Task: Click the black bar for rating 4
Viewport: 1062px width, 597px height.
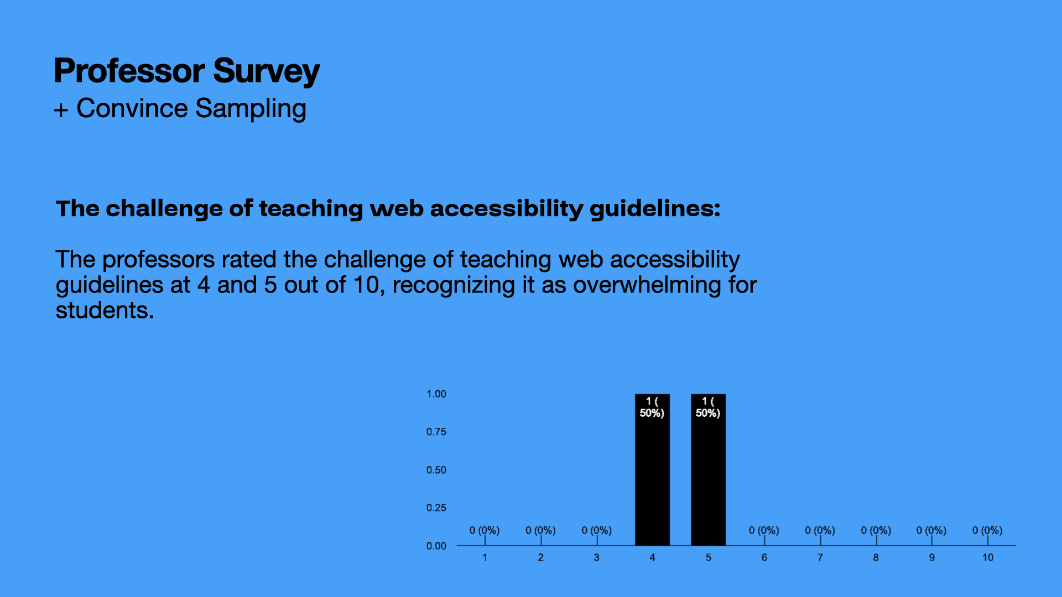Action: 652,470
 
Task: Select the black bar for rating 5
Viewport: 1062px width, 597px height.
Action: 708,470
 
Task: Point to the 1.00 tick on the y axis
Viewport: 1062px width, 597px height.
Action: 436,394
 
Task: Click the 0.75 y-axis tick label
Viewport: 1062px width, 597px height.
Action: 436,432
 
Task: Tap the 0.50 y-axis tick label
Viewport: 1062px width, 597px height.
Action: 436,470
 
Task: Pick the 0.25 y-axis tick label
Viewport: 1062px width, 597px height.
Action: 436,508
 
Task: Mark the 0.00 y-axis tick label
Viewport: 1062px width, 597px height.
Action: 436,546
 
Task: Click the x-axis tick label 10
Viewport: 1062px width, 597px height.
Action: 988,558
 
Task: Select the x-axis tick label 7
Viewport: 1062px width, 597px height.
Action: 820,558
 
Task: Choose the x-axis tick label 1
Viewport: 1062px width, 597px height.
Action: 485,558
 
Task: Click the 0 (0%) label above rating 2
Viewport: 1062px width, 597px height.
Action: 540,531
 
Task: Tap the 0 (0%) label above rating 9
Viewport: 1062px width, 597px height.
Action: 931,531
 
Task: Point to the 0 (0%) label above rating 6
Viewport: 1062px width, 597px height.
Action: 764,531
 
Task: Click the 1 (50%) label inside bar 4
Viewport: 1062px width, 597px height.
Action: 652,407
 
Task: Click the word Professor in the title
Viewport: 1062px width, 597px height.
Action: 129,71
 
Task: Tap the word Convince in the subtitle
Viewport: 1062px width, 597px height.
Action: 132,108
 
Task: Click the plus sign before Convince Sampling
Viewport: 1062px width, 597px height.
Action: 61,110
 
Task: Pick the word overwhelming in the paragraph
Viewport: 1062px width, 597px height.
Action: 647,285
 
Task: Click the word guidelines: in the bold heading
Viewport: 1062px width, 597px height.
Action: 655,209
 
